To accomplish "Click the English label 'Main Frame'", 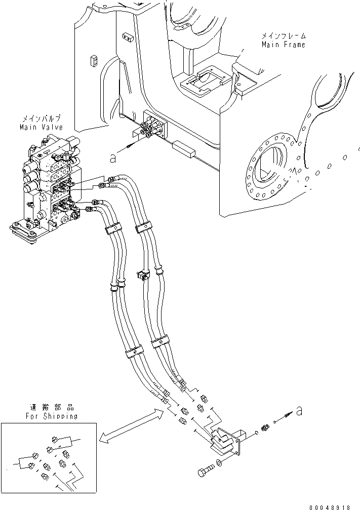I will [x=283, y=45].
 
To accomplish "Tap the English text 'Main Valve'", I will [x=41, y=128].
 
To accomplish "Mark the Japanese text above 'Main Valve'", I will [x=43, y=120].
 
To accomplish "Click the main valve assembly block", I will [x=48, y=187].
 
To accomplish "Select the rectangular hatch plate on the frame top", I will [x=203, y=81].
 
